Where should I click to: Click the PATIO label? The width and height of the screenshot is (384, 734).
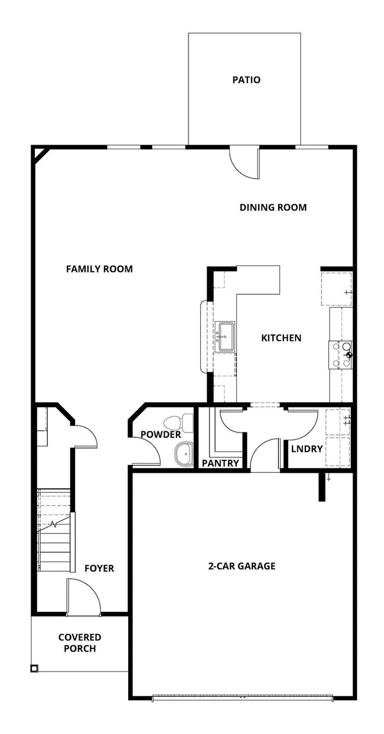(246, 80)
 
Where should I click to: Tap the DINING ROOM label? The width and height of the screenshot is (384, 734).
(273, 207)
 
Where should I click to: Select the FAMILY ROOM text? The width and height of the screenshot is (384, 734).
(99, 269)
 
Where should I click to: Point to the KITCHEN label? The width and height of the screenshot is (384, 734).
(281, 338)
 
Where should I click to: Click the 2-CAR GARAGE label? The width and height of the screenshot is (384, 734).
(241, 566)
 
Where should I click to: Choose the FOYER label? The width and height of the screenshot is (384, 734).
(99, 568)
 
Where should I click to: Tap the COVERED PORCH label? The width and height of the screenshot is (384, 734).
(80, 643)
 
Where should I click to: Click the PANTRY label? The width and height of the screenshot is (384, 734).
(220, 463)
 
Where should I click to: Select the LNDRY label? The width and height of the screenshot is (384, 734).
(307, 449)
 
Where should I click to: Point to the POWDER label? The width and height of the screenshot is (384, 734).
(160, 435)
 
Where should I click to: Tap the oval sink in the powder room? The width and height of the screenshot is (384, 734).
(184, 454)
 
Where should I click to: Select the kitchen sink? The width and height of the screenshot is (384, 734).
(225, 337)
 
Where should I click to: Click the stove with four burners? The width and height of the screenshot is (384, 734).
(341, 355)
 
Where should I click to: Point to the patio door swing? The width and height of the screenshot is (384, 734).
(245, 162)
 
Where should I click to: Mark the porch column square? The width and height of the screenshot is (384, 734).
(34, 669)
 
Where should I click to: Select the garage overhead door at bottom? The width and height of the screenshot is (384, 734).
(242, 698)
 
